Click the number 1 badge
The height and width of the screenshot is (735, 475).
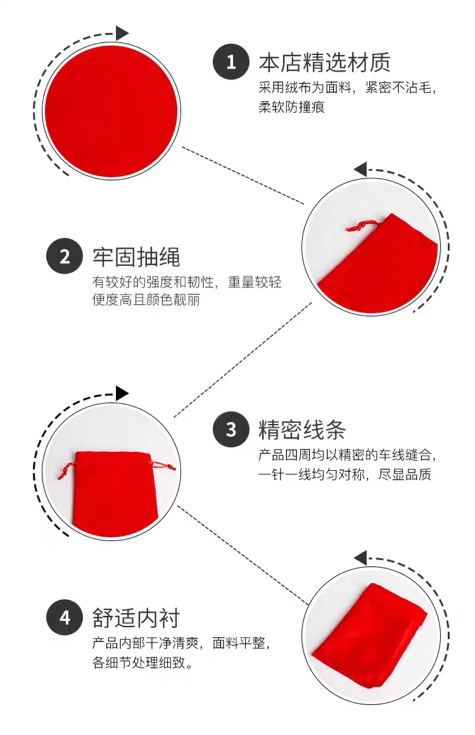230,62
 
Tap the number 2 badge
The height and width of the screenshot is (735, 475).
64,257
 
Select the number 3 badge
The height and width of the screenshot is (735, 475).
230,429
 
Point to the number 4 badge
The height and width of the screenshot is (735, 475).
64,617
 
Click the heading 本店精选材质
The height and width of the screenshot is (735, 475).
324,62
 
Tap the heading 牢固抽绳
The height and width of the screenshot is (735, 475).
136,257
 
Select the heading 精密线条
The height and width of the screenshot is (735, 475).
302,429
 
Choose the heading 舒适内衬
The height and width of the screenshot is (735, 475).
136,617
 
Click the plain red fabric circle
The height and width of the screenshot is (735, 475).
112,111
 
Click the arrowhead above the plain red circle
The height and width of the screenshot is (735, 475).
122,33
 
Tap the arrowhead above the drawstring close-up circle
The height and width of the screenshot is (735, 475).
360,169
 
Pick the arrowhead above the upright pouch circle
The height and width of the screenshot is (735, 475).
122,393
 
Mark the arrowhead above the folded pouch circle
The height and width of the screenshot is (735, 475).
360,558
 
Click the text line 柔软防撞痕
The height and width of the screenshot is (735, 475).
292,108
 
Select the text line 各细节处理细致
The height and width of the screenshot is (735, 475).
142,663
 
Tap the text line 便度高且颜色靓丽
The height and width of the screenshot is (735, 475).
146,300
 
